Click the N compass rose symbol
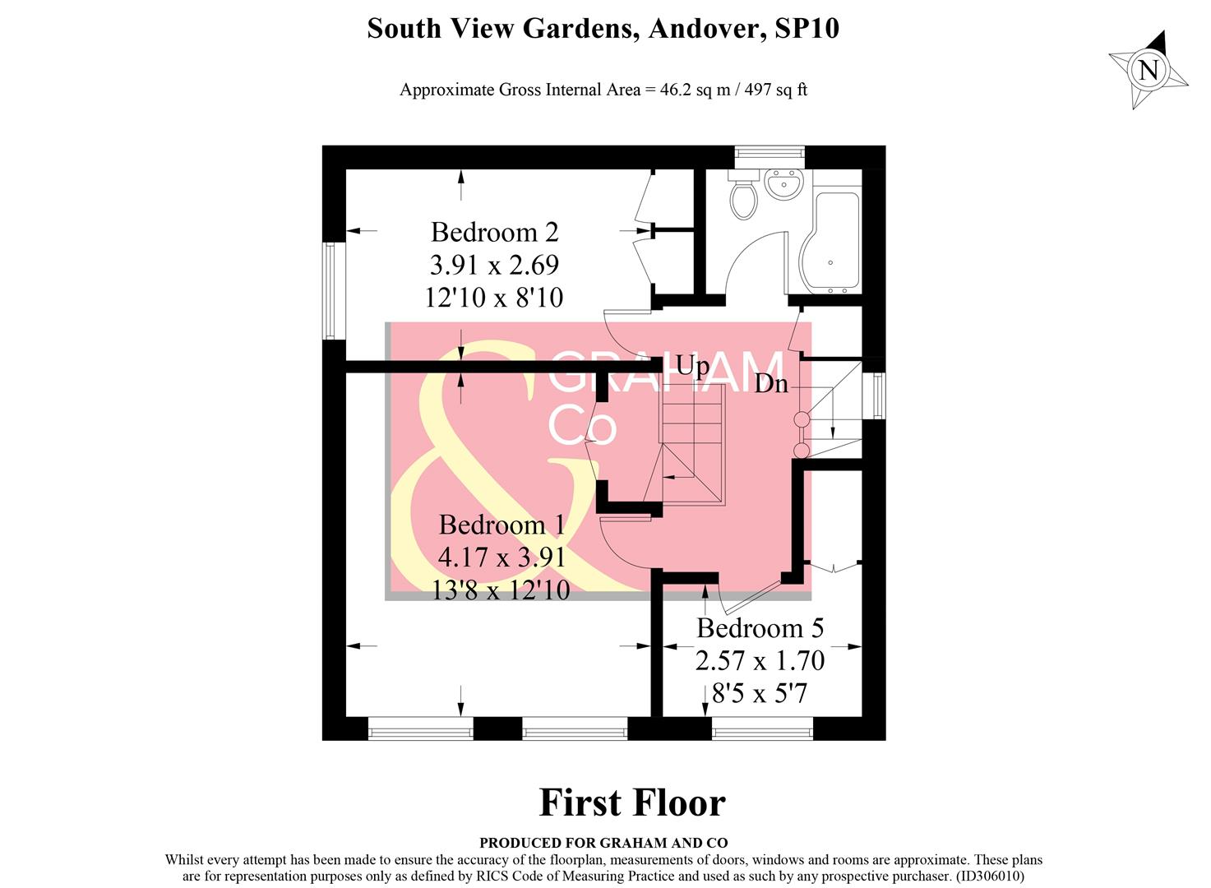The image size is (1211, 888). (x=1148, y=70)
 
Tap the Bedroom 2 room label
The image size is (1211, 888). (x=494, y=233)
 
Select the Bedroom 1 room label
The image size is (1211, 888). (x=502, y=525)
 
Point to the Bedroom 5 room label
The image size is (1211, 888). (x=760, y=628)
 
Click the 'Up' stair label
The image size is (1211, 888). (x=691, y=366)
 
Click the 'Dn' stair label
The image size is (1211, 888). (x=771, y=384)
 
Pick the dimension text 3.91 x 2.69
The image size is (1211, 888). (x=494, y=265)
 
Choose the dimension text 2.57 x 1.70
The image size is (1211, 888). (x=760, y=661)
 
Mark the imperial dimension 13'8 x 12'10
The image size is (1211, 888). (x=501, y=590)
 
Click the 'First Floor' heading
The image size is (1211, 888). (x=631, y=803)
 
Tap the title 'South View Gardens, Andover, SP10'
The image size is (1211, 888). (x=603, y=29)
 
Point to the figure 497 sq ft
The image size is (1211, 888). (x=775, y=90)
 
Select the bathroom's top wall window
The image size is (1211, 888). (x=769, y=152)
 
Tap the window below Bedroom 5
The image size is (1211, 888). (x=761, y=728)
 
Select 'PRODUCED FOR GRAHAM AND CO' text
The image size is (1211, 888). (x=603, y=843)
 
